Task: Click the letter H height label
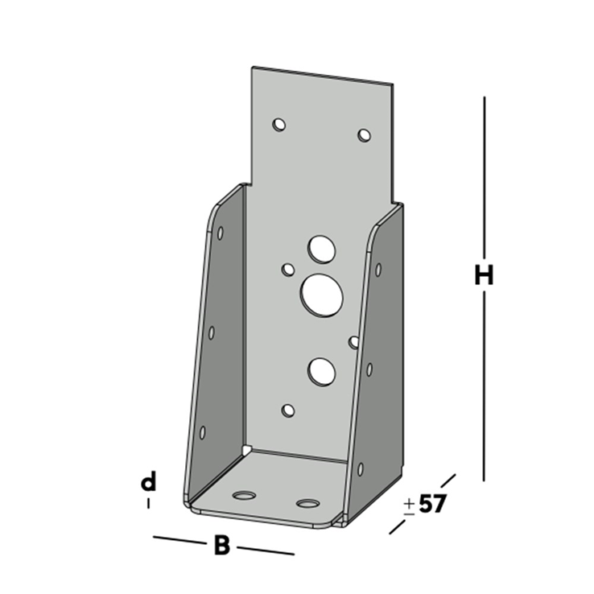pos(483,276)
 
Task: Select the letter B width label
pos(222,546)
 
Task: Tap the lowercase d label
pos(148,483)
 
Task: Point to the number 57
pos(432,505)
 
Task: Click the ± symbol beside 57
pos(409,505)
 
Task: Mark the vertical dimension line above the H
pos(484,177)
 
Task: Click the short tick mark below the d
pos(148,504)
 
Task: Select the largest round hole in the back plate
pos(322,295)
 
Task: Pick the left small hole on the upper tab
pos(279,125)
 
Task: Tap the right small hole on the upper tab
pos(365,135)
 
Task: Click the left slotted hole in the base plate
pos(243,493)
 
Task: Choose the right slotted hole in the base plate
pos(307,505)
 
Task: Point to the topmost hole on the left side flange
pos(221,233)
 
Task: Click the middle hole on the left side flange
pos(212,332)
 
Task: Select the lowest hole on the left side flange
pos(202,432)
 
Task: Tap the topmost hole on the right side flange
pos(377,270)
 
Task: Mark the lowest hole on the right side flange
pos(360,468)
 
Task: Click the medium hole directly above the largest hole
pos(322,249)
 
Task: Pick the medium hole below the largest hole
pos(321,370)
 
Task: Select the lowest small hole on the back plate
pos(288,411)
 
